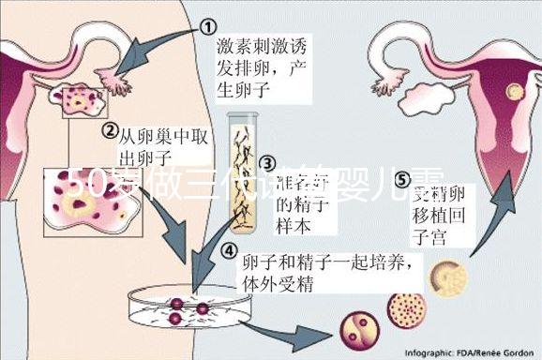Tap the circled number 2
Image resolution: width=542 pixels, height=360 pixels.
110,131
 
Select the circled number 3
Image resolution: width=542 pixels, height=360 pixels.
266,163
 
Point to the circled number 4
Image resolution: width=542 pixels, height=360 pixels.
228,251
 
